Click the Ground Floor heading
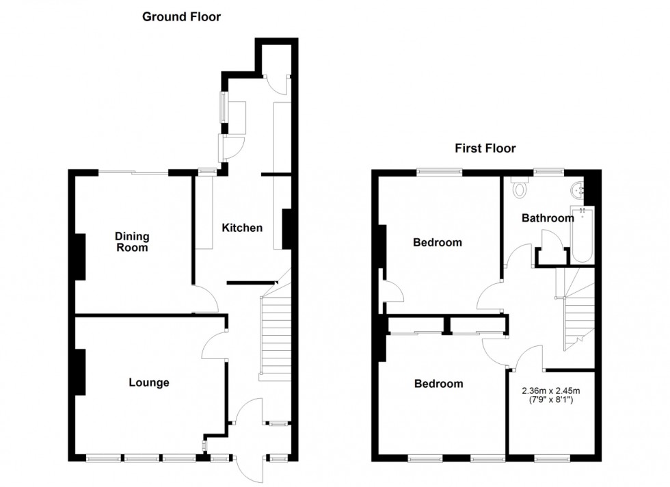tap(181, 17)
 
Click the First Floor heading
tap(485, 148)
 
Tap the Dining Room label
tap(132, 242)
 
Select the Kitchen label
tap(242, 228)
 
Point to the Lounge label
tap(149, 382)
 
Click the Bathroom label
tap(548, 218)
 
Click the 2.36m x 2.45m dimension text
tap(551, 391)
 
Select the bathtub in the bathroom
tap(582, 235)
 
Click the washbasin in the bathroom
tap(578, 188)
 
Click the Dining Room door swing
tap(205, 299)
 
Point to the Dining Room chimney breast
tap(81, 256)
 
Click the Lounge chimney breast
tap(81, 372)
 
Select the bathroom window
tap(548, 172)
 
